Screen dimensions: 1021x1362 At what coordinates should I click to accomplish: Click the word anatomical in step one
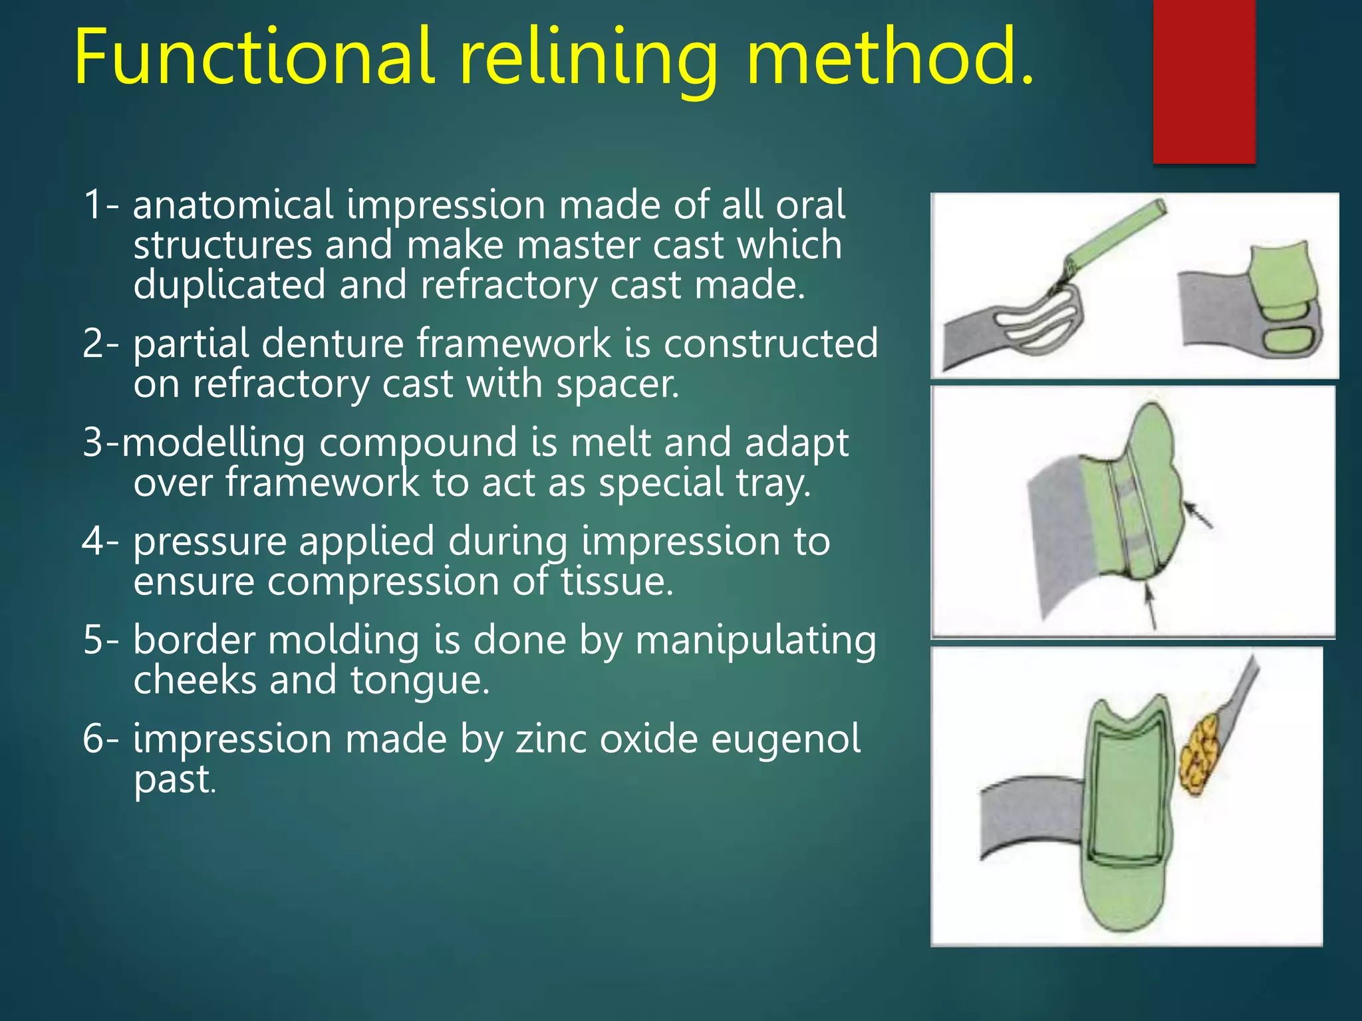[233, 205]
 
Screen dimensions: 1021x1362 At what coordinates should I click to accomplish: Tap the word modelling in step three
[213, 443]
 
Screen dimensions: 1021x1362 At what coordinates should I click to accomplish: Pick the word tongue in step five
[419, 681]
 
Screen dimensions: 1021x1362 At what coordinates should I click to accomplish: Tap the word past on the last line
[173, 779]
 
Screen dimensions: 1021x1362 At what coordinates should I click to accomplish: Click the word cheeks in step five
[194, 681]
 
